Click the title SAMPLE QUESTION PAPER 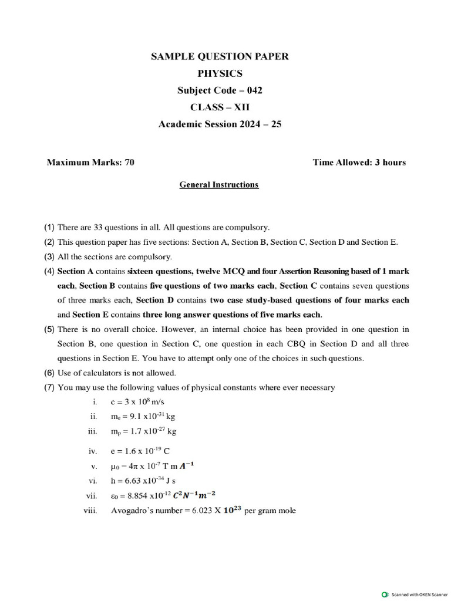[220, 56]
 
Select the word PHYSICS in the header [220, 73]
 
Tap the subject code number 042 [254, 90]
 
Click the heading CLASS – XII [220, 107]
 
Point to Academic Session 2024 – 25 [220, 124]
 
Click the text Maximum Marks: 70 [90, 163]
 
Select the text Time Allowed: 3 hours [359, 163]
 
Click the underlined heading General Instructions [218, 185]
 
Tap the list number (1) [49, 227]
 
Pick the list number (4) [49, 271]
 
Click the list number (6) [49, 373]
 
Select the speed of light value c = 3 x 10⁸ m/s [139, 402]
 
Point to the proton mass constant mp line [143, 431]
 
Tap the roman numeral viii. [90, 511]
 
